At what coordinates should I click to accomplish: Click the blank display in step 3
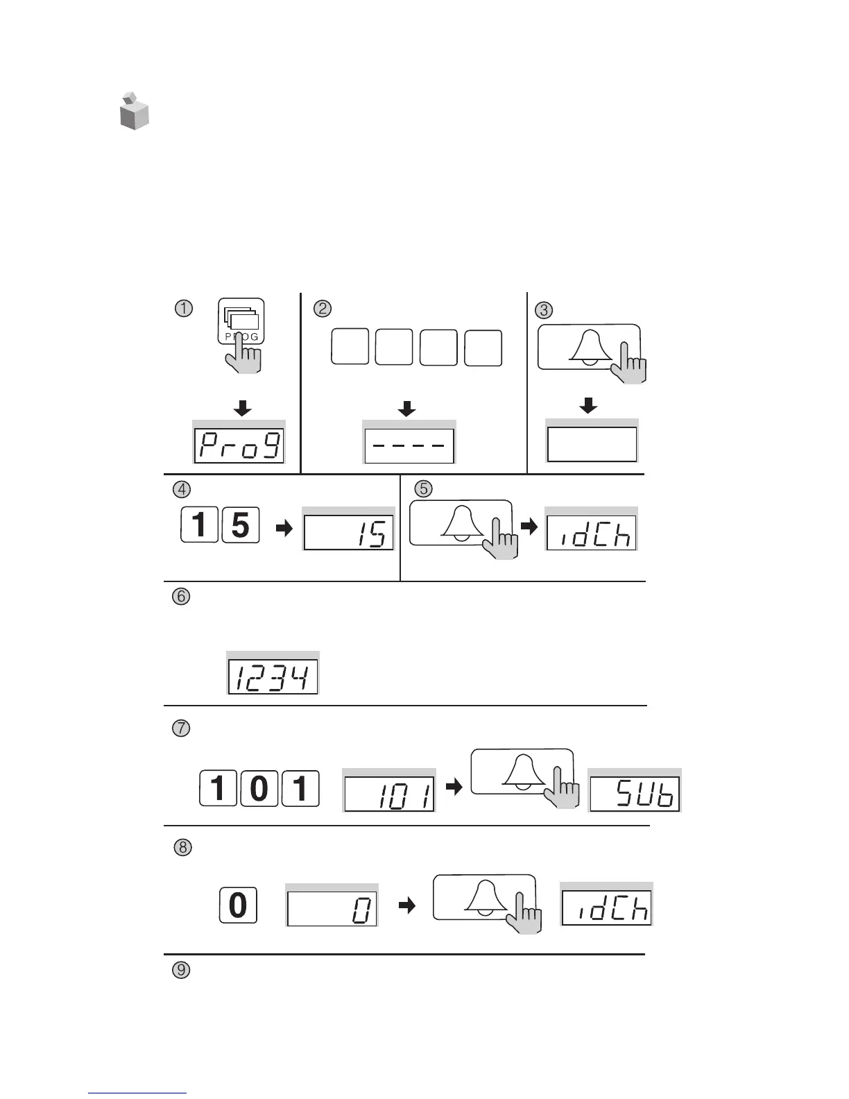tap(592, 445)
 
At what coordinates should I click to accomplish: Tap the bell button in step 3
tap(588, 346)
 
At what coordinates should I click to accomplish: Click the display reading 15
tap(348, 532)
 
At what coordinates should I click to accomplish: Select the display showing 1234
tap(273, 676)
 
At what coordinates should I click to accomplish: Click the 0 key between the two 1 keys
tap(259, 788)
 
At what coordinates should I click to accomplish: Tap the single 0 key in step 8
tap(238, 905)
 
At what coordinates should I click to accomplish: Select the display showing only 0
tap(332, 909)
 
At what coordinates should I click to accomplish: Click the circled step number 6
tap(181, 597)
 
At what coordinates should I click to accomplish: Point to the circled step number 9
tap(180, 970)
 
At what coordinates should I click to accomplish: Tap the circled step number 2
tap(323, 308)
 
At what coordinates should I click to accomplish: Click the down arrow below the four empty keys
tap(407, 409)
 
